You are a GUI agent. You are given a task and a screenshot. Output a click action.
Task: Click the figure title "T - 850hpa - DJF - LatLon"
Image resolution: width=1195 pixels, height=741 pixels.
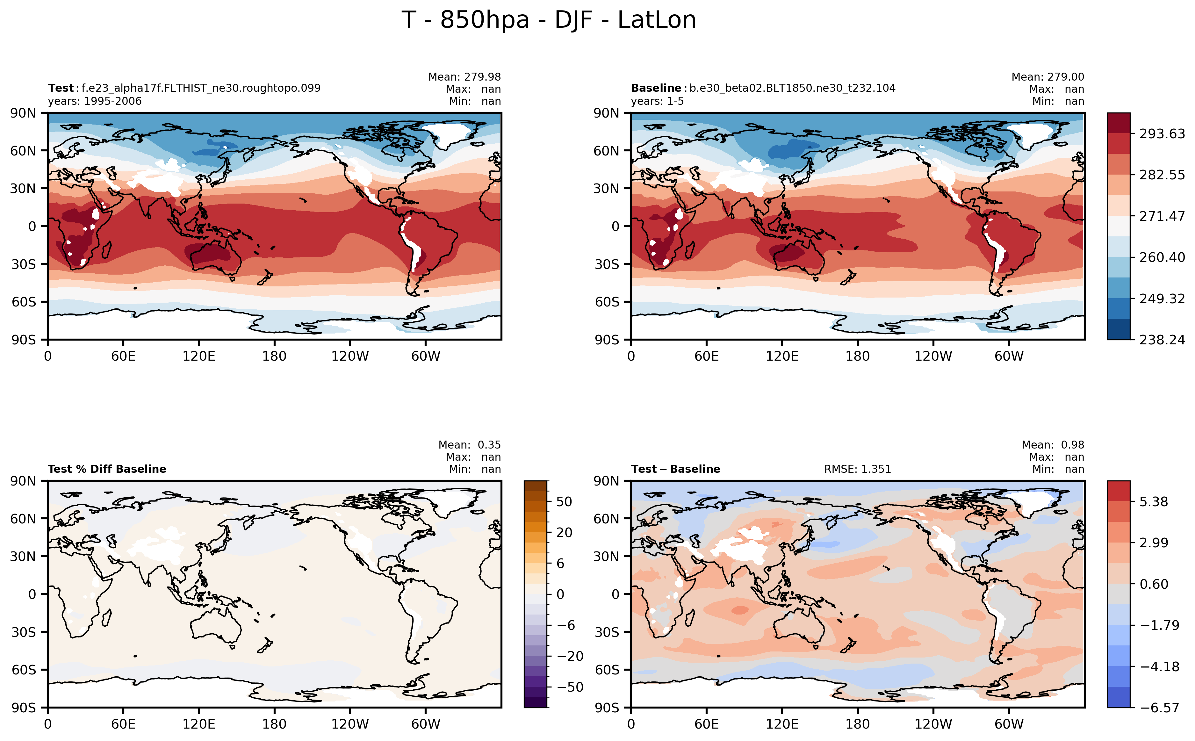coord(549,20)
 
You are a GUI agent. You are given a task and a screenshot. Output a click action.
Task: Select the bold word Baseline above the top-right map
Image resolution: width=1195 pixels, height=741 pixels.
coord(656,88)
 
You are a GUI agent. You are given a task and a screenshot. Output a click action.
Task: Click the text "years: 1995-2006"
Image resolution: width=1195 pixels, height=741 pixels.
coord(95,101)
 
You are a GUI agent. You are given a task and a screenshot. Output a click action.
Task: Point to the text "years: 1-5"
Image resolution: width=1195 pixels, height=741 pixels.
coord(657,101)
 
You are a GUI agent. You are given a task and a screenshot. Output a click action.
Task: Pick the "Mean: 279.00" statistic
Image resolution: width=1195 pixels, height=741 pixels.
coord(1047,77)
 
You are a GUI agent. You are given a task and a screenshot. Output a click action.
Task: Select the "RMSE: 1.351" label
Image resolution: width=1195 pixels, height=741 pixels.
coord(857,469)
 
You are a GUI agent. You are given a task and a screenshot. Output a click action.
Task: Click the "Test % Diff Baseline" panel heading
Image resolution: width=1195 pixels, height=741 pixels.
coord(107,469)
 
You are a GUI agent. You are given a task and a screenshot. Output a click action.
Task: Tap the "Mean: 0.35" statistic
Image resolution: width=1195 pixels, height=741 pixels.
coord(469,445)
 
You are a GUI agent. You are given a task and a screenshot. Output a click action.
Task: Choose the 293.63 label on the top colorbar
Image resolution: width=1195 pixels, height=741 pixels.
coord(1162,134)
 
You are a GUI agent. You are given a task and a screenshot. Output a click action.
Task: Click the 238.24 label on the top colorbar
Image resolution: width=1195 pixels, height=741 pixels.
coord(1162,340)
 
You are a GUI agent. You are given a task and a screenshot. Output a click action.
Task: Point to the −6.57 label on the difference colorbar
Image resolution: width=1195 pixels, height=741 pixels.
coord(1159,708)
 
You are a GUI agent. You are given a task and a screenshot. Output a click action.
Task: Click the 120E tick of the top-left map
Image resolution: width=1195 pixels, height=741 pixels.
coord(198,356)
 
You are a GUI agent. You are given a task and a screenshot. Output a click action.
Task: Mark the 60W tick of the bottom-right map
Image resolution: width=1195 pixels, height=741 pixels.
coord(1009,724)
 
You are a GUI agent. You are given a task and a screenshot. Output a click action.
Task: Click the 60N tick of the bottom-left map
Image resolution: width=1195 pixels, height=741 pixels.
coord(23,519)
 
